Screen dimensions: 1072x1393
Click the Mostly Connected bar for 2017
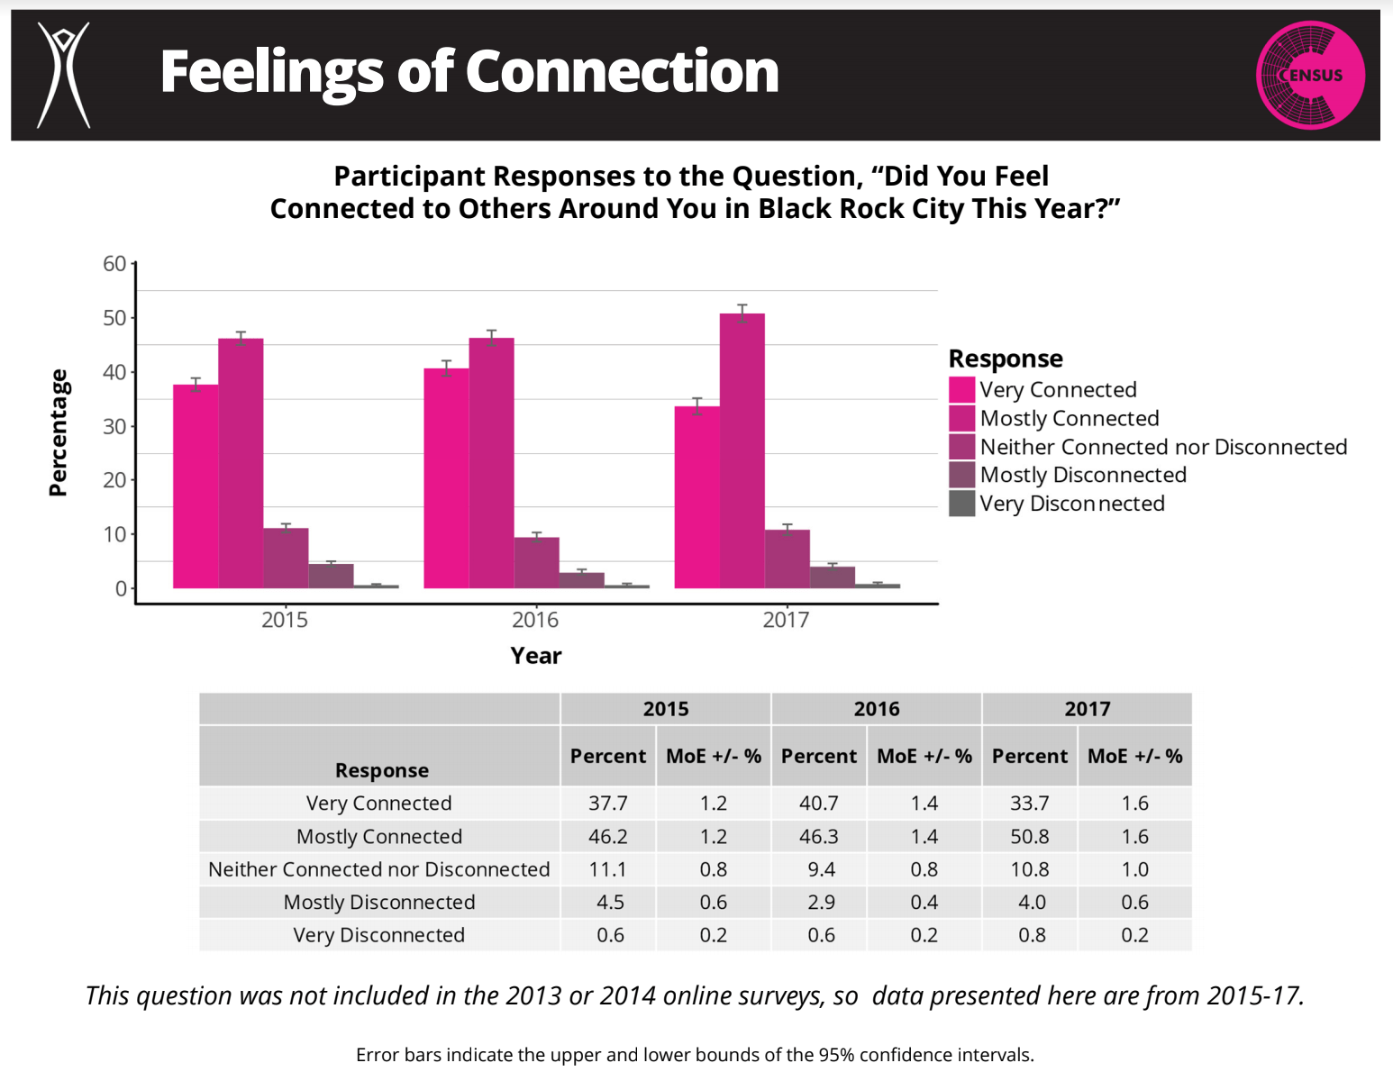click(x=742, y=450)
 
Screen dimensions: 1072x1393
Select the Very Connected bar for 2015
click(x=196, y=486)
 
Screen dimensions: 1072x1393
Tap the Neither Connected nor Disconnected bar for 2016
click(x=536, y=563)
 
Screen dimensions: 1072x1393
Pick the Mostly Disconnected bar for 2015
click(x=331, y=576)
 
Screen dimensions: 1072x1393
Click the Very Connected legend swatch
click(x=961, y=389)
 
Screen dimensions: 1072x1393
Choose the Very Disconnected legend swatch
click(x=961, y=504)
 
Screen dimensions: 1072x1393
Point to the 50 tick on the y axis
click(x=114, y=318)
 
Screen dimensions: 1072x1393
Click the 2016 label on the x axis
click(x=535, y=620)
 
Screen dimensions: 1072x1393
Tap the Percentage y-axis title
click(x=59, y=432)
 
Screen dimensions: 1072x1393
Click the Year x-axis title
click(x=535, y=656)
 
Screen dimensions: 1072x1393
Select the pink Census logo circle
click(x=1310, y=75)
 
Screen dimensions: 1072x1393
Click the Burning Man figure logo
click(x=63, y=75)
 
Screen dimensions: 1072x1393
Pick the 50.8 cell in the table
click(x=1029, y=836)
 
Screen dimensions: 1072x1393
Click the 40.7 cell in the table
click(x=818, y=803)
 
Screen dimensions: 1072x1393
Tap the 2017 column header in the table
click(x=1087, y=709)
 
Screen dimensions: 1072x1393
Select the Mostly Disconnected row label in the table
click(x=379, y=902)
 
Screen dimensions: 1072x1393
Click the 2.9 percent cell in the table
click(x=821, y=902)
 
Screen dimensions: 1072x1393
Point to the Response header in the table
click(x=382, y=770)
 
